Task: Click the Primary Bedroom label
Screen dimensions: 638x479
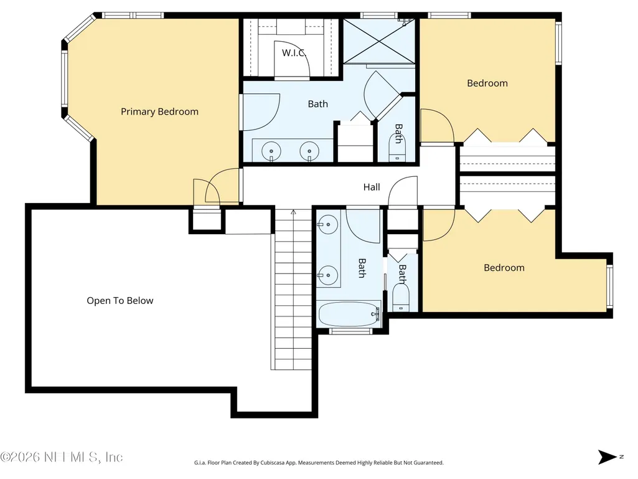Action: pos(159,111)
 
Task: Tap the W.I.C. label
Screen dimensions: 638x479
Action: pos(293,52)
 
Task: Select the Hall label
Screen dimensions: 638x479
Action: pos(372,187)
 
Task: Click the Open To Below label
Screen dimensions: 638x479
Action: pos(120,301)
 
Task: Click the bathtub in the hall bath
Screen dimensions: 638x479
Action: pos(349,314)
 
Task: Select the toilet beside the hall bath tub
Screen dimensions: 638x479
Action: pos(401,297)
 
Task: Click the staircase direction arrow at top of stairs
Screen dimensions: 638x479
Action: pos(293,212)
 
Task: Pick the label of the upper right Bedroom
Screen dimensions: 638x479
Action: pos(487,83)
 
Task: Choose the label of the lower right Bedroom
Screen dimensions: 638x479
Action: pos(504,268)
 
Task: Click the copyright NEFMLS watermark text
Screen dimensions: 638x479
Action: pos(62,457)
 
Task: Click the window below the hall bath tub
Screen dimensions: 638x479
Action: pos(350,331)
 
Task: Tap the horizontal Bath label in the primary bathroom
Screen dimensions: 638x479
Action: pos(318,104)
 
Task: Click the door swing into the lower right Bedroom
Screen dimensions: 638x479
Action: pos(439,225)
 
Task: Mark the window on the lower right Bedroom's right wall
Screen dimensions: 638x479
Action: pos(609,287)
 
